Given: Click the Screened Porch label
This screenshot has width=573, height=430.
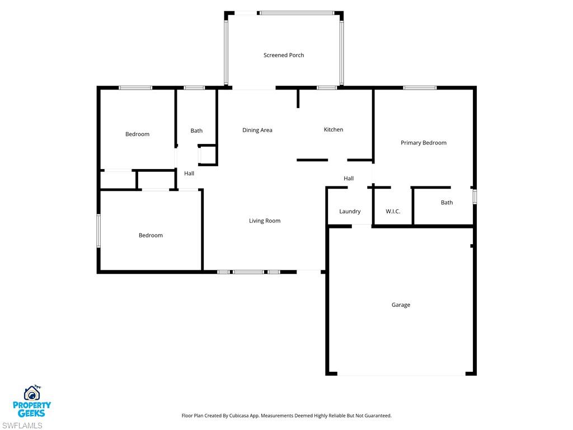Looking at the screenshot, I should coord(284,55).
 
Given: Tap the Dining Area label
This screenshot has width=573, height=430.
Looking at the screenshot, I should coord(257,130).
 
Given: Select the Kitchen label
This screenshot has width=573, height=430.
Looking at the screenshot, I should coord(334,130).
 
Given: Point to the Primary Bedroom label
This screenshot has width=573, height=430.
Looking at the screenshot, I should coord(424,143).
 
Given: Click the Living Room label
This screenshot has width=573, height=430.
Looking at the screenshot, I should coord(265,221).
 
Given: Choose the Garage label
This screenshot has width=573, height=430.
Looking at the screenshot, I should coord(401,305).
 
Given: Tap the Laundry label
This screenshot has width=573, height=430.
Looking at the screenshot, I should coord(350,212).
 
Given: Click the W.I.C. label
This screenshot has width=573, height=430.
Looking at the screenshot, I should coord(393,212).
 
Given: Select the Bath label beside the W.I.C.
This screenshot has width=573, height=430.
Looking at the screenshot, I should coord(447,203).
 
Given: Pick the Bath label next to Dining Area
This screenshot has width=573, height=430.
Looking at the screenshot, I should coord(196,131).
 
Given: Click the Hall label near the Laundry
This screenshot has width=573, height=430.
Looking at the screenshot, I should coord(349,179).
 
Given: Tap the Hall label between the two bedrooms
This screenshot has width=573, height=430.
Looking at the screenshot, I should coord(189,174).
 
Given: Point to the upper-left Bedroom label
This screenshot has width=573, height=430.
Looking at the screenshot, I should coord(137,134).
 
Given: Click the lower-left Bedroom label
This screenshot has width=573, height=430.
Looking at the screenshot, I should coord(151,236).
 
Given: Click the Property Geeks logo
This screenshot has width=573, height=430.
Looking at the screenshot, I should coord(32,401).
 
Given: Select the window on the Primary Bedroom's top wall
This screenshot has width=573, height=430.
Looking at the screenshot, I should coord(420,88).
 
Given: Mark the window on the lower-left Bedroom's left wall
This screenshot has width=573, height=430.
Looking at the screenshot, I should coord(99,230).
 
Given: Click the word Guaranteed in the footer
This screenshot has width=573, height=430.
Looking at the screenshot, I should coord(377,416).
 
